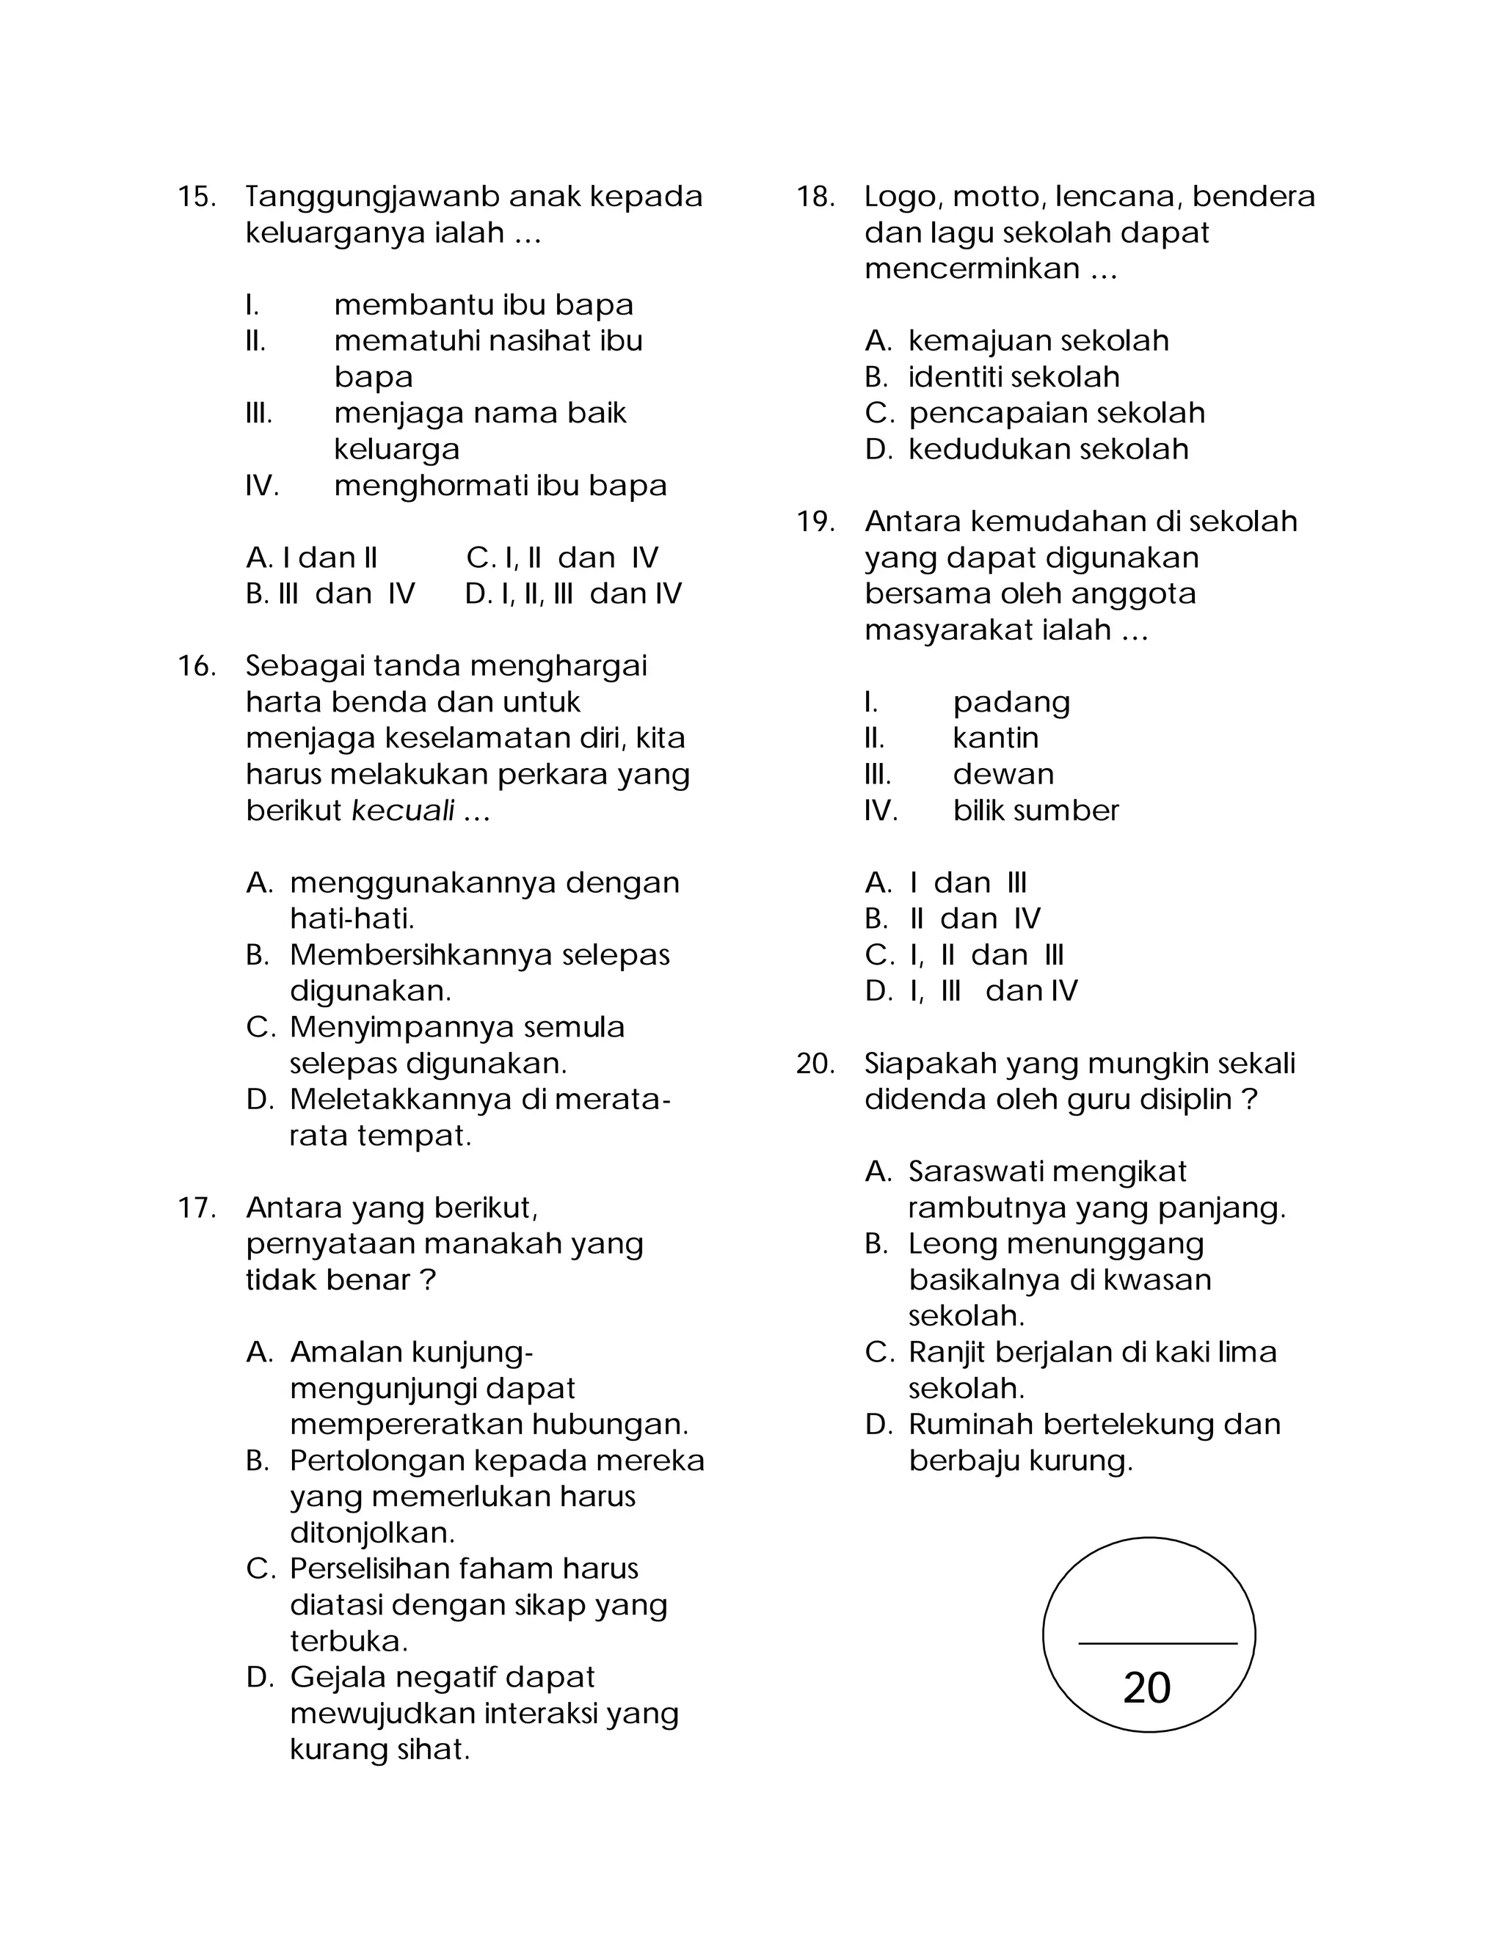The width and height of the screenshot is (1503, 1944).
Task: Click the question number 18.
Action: point(815,197)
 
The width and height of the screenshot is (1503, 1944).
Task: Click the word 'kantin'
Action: point(995,738)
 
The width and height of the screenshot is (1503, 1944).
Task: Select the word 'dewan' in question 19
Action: point(1002,775)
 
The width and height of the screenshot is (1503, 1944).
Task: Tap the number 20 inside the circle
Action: point(1147,1688)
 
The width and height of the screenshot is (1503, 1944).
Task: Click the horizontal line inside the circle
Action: point(1157,1643)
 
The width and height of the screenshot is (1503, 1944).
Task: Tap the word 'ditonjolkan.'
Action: point(372,1532)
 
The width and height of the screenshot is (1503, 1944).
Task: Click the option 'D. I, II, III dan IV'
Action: point(572,593)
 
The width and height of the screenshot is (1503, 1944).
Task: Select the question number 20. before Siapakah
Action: point(815,1064)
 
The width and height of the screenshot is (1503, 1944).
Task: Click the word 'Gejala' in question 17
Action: point(338,1678)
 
